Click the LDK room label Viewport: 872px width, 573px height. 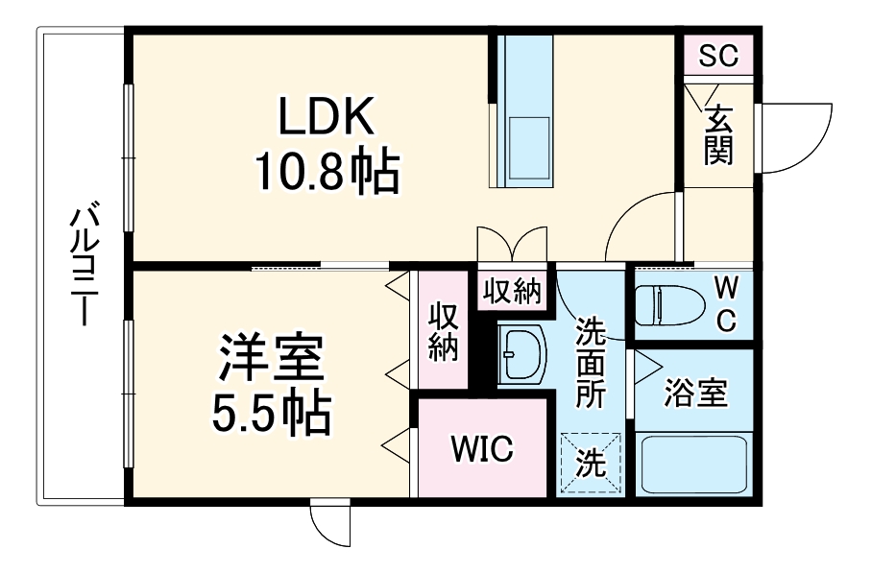coord(326,117)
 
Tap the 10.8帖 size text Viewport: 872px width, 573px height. coord(326,173)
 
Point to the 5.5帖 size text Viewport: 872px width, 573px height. coord(271,413)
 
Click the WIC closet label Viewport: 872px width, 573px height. coord(482,448)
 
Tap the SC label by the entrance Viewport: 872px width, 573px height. coord(717,57)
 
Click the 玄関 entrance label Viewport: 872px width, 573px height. coord(718,134)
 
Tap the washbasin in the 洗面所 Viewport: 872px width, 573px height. coord(521,352)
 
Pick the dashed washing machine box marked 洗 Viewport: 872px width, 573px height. coord(591,464)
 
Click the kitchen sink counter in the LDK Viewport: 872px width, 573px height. coord(523,110)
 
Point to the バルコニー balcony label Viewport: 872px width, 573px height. coord(84,264)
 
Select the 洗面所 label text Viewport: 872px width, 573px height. coord(590,364)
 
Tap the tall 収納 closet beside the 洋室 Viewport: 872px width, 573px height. coord(442,332)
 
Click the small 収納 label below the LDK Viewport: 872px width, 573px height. coord(512,291)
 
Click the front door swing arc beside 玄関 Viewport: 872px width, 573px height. coord(797,134)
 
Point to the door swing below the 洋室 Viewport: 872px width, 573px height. coord(329,523)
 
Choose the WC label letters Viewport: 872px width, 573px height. coord(726,304)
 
